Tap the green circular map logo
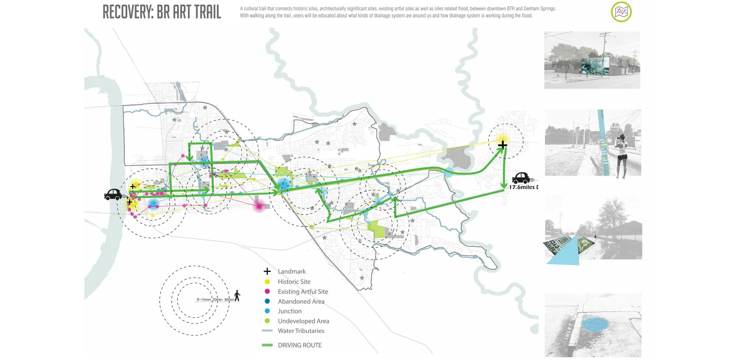(x=621, y=12)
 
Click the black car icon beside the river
(x=113, y=194)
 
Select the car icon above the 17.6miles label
(x=521, y=178)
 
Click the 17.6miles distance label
(x=523, y=187)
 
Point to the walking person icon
(x=237, y=296)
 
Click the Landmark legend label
(x=292, y=271)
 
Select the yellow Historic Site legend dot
(x=267, y=282)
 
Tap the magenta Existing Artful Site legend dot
(x=267, y=291)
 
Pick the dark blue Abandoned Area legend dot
(x=267, y=301)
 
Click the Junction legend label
(x=290, y=311)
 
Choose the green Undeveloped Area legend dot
(x=267, y=321)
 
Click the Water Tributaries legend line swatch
(x=267, y=331)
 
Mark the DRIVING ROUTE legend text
(x=299, y=345)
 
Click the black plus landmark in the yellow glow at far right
(x=503, y=145)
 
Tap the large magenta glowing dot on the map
(x=259, y=206)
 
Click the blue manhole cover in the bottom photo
(x=595, y=324)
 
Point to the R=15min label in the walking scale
(x=204, y=299)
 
